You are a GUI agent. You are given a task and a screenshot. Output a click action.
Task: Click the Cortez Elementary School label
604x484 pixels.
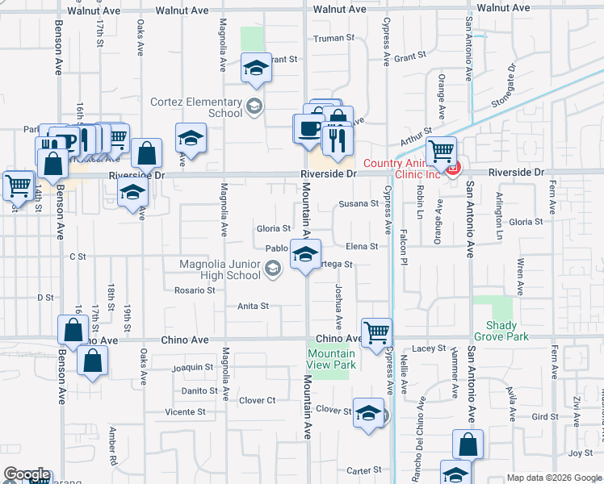pyautogui.click(x=196, y=107)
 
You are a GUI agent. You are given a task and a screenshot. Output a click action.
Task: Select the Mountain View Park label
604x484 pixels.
pyautogui.click(x=331, y=359)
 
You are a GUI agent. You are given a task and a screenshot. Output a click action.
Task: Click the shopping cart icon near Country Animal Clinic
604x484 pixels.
pyautogui.click(x=441, y=150)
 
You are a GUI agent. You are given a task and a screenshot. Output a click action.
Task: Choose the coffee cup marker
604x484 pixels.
pyautogui.click(x=308, y=129)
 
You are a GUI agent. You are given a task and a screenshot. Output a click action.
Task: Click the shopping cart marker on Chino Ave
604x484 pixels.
pyautogui.click(x=376, y=331)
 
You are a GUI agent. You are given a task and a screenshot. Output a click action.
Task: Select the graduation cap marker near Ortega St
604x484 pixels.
pyautogui.click(x=304, y=255)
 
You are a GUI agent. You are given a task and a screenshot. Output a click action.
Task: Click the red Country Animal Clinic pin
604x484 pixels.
pyautogui.click(x=453, y=169)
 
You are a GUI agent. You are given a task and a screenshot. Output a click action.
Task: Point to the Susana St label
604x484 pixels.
pyautogui.click(x=359, y=203)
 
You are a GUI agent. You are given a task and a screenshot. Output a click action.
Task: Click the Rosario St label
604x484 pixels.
pyautogui.click(x=194, y=290)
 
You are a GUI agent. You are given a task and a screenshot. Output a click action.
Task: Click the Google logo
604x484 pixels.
pyautogui.click(x=27, y=474)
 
